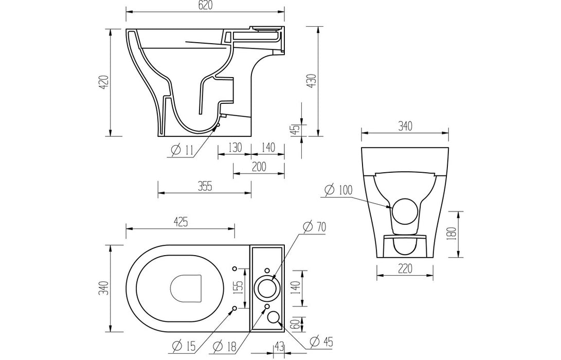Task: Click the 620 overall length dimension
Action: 205,6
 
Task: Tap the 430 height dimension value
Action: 311,80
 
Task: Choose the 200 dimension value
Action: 259,166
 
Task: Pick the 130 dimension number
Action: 234,148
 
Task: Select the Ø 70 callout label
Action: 315,226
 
